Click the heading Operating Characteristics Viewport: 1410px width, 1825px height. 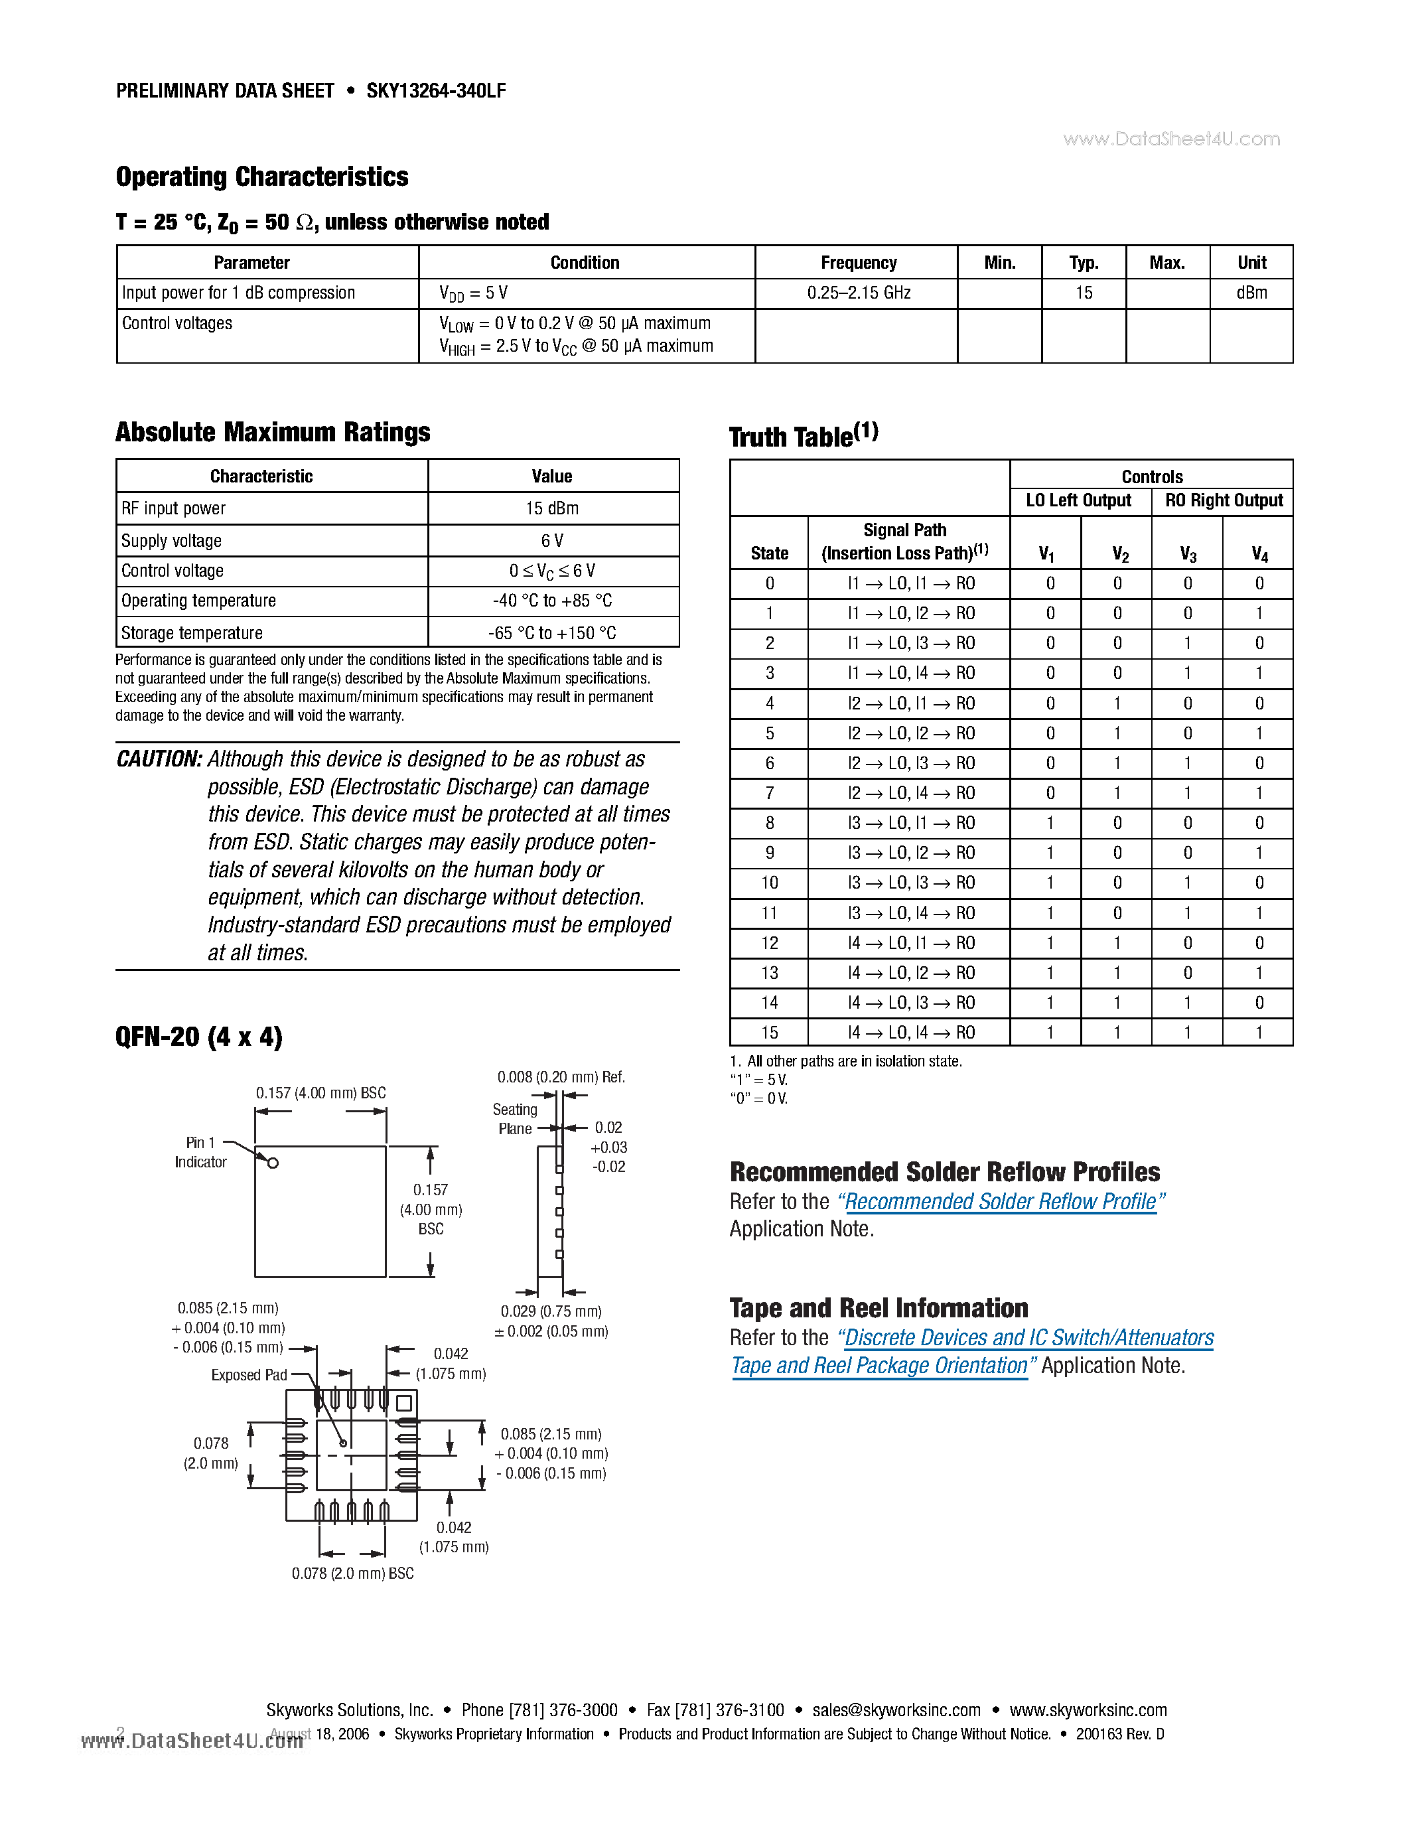(261, 177)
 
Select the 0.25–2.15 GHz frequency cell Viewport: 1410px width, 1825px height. (858, 293)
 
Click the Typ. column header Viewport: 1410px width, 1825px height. (1084, 262)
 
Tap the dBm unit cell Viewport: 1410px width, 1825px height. (1251, 293)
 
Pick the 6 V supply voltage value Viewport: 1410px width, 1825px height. (552, 541)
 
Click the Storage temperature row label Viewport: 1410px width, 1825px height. (192, 632)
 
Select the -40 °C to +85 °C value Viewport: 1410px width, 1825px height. (552, 601)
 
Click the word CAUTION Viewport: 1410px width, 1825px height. (159, 759)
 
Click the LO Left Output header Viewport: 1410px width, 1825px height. (1078, 500)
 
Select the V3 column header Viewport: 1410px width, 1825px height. (1187, 553)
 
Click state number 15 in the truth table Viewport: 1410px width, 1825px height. (769, 1032)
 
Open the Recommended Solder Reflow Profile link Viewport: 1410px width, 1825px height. (1001, 1202)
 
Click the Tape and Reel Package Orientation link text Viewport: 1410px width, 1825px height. (879, 1365)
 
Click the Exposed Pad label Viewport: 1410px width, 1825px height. (249, 1374)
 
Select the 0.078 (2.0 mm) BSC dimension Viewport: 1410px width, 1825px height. (352, 1573)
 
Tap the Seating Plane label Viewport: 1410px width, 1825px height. (514, 1119)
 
